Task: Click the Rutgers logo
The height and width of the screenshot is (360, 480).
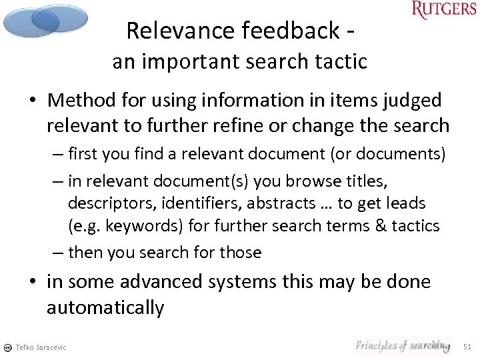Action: [443, 10]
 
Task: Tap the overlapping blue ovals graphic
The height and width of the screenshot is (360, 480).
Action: [45, 21]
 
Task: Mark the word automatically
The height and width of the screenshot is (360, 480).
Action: [105, 307]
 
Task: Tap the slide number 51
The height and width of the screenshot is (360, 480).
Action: [467, 346]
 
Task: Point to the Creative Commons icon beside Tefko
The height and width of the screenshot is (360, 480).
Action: [7, 347]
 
